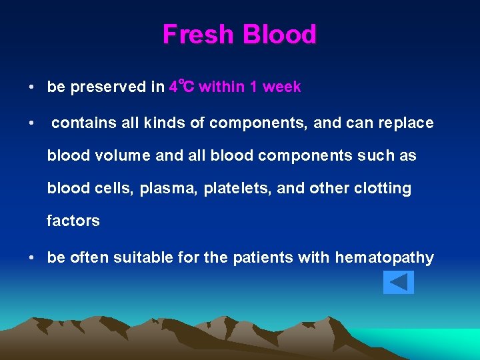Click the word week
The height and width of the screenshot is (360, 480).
(283, 87)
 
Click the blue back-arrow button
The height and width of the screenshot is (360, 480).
(399, 282)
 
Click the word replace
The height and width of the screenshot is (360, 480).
(406, 123)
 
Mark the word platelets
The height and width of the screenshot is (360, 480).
(238, 189)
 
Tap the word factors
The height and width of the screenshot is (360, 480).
(73, 221)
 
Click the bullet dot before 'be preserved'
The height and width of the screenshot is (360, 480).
(31, 87)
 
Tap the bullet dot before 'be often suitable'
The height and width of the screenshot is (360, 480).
(31, 258)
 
